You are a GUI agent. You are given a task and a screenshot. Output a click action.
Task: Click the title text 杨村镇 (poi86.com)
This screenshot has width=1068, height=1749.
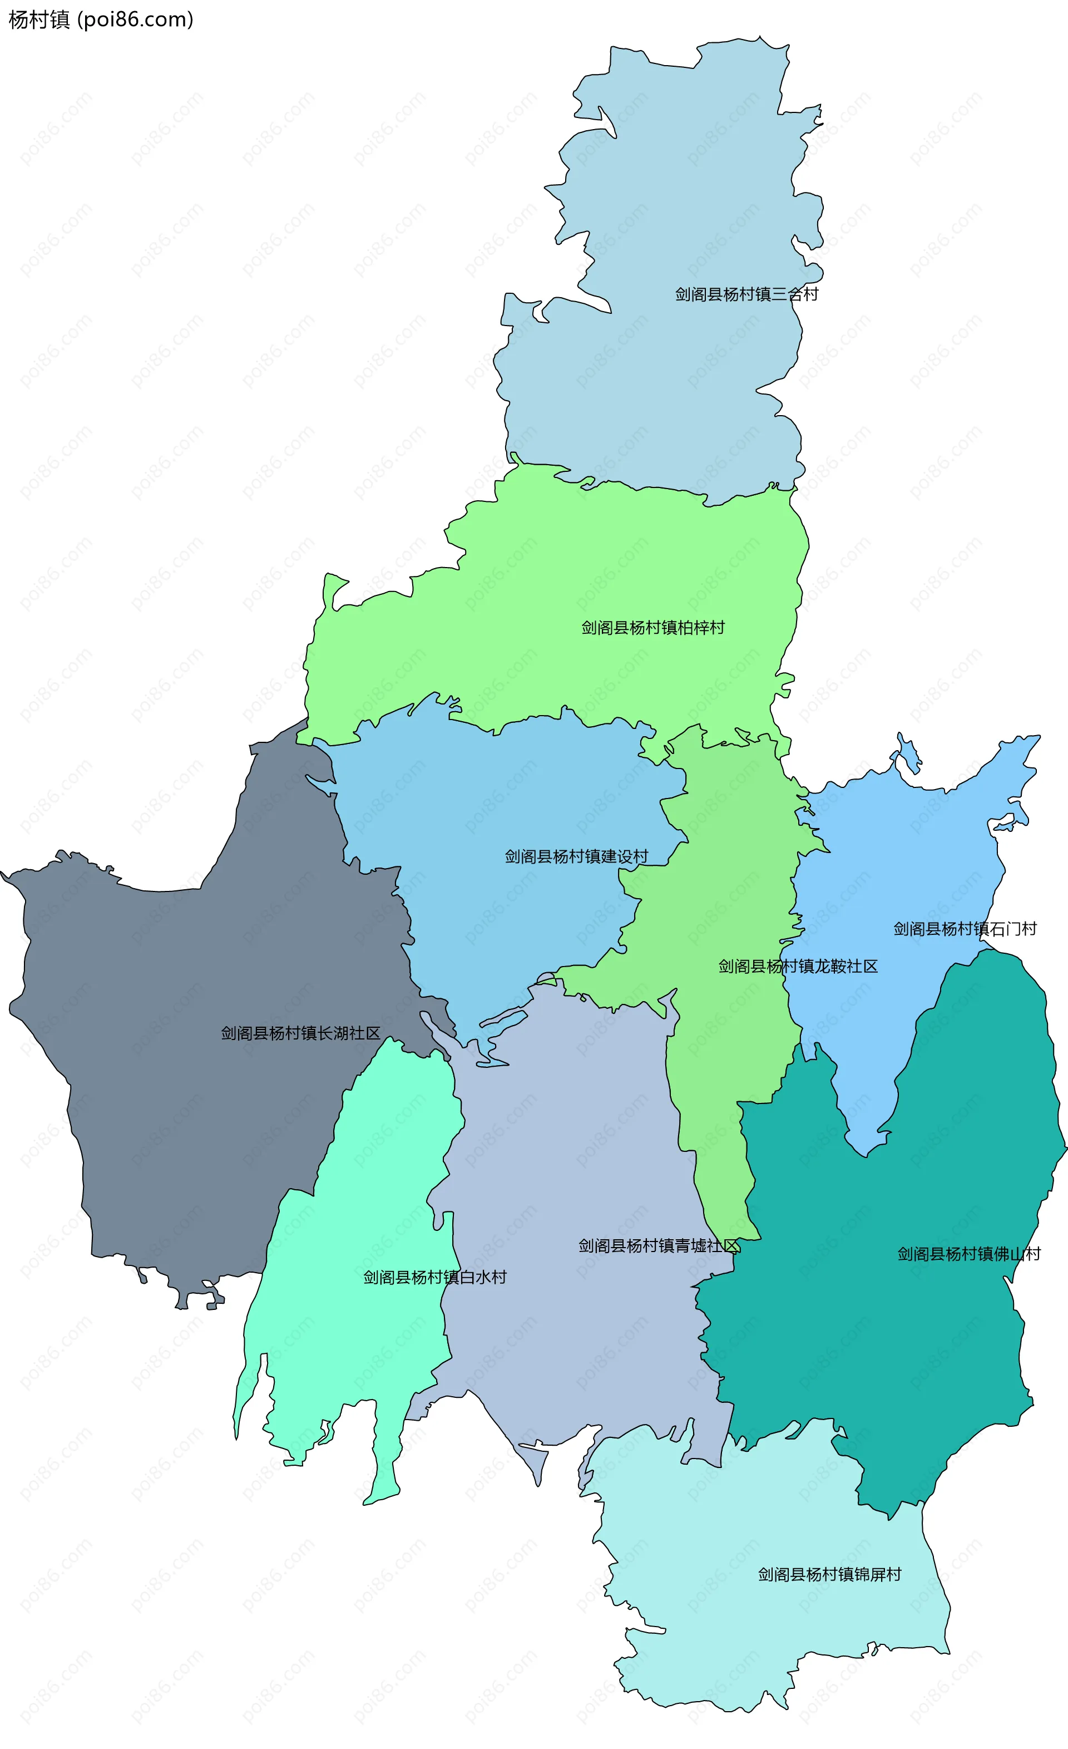coord(101,20)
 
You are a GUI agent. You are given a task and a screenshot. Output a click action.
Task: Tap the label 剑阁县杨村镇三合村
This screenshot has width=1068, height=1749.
coord(746,294)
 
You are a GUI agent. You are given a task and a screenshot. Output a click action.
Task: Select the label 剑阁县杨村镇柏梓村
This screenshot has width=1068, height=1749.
coord(653,628)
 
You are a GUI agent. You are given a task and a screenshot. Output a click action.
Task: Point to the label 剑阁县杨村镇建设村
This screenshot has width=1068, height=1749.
coord(576,857)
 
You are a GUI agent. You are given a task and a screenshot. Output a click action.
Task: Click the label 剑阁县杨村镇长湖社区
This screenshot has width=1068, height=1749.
coord(300,1033)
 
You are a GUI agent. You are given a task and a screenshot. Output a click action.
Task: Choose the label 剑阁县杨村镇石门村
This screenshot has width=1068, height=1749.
coord(965,929)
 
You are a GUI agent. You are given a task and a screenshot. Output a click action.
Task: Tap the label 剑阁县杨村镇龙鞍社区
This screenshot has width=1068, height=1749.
coord(798,967)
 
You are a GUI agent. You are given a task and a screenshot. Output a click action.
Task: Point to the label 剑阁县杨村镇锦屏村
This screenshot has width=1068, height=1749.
coord(829,1574)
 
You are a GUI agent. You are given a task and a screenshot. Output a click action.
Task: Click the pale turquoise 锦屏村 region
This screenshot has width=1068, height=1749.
coord(745,1633)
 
